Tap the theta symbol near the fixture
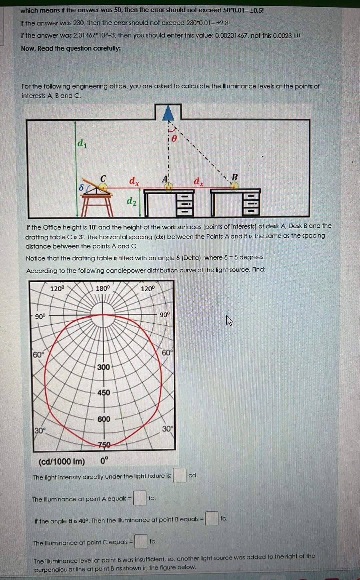point(174,138)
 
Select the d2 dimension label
point(132,201)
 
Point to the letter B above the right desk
point(234,177)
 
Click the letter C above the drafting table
point(103,178)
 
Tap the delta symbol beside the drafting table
point(81,188)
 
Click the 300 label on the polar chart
point(103,367)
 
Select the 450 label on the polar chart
point(104,393)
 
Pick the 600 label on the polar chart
point(104,419)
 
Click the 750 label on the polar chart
point(104,445)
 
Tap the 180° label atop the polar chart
point(102,288)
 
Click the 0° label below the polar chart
point(104,461)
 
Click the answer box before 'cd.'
point(179,475)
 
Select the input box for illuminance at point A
point(140,498)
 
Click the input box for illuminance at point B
point(211,519)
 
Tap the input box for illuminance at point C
point(141,541)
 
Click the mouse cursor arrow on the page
point(229,321)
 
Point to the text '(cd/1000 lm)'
point(62,462)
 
